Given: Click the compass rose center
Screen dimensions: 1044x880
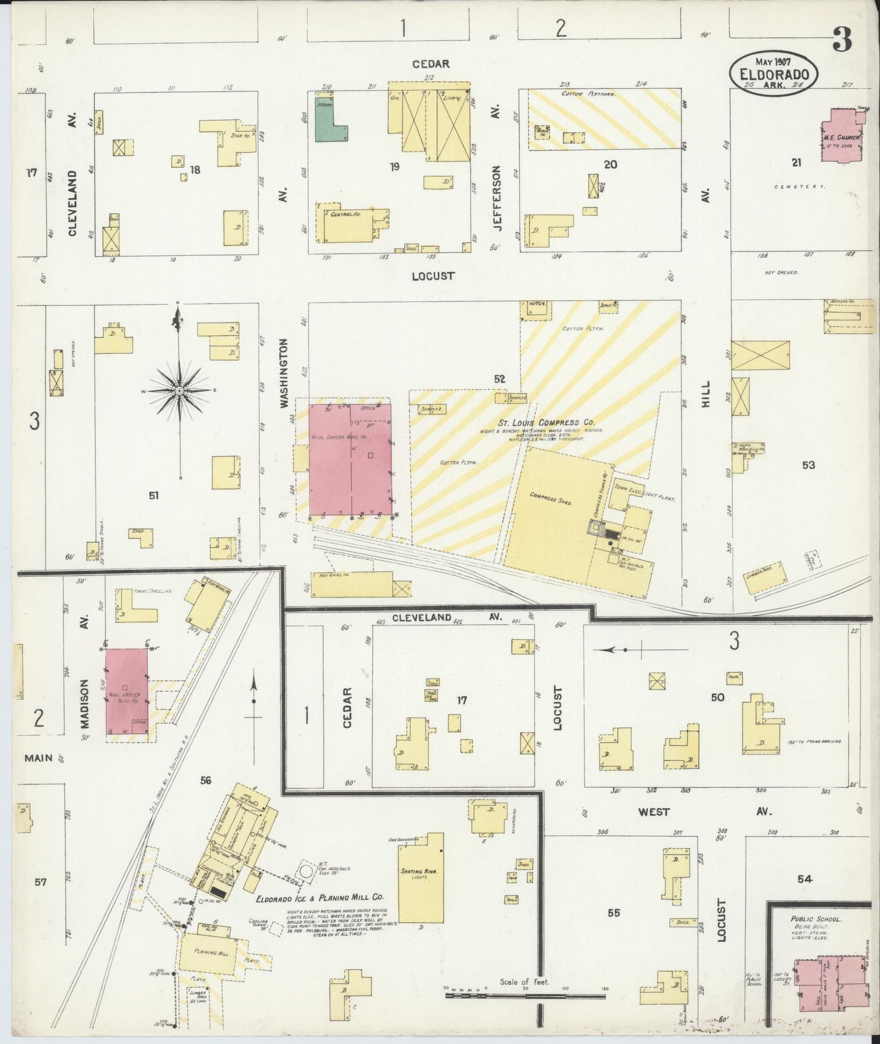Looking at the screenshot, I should [x=180, y=389].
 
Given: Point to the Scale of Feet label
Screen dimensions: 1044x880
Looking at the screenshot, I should [x=524, y=981].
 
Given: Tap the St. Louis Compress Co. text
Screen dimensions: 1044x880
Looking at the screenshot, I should [x=537, y=422].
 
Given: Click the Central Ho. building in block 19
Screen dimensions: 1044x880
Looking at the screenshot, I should [x=350, y=228].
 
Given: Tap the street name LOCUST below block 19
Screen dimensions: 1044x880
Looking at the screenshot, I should [x=432, y=275].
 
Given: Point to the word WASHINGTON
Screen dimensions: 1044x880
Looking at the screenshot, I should [x=283, y=373].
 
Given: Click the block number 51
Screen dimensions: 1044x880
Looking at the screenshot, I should [x=154, y=496].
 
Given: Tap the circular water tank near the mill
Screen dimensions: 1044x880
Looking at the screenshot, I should [x=307, y=870].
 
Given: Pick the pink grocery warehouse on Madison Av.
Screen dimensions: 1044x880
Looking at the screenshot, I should [x=127, y=691].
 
